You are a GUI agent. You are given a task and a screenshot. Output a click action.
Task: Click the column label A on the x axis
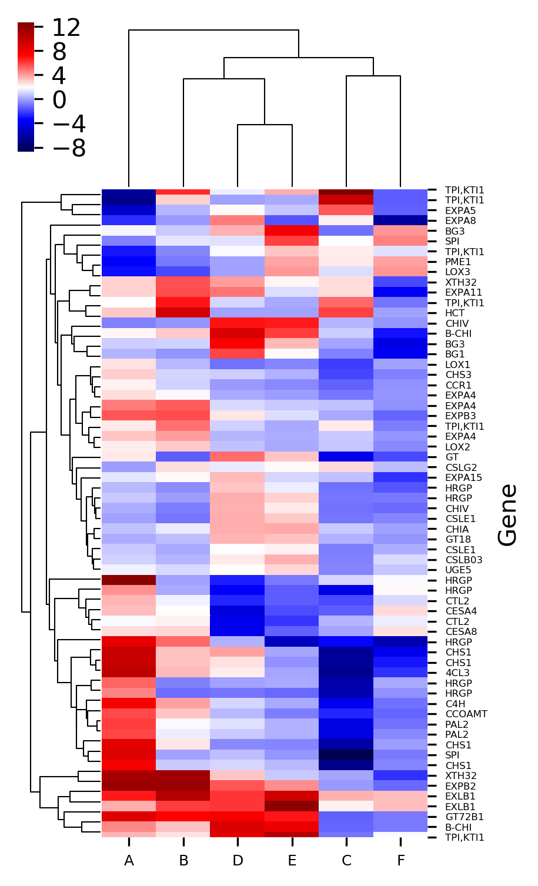click(129, 861)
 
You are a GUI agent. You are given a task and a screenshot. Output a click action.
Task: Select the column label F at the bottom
click(400, 861)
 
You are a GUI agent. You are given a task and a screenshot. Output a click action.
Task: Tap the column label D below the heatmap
click(238, 861)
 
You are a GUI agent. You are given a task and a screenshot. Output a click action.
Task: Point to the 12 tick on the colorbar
click(66, 28)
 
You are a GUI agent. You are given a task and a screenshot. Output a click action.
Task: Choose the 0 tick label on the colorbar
click(59, 100)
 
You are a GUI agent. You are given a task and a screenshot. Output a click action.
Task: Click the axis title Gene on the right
click(507, 514)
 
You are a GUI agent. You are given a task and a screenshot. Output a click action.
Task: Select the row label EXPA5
click(460, 210)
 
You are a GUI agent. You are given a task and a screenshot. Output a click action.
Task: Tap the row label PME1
click(458, 262)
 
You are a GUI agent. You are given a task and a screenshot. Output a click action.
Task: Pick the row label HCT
click(455, 313)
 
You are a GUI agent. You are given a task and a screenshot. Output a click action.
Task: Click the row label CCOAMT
click(466, 714)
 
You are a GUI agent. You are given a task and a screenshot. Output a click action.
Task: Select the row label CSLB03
click(464, 560)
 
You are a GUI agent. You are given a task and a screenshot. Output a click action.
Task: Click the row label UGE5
click(458, 570)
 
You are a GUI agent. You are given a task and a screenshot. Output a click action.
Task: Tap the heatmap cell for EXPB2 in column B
click(183, 786)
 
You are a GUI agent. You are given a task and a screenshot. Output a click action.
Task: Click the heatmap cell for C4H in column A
click(129, 704)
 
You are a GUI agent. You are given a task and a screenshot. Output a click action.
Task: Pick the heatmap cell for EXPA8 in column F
click(400, 221)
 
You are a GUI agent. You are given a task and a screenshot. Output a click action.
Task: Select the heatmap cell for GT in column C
click(346, 457)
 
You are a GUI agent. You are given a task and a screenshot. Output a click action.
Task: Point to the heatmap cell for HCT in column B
click(183, 313)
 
